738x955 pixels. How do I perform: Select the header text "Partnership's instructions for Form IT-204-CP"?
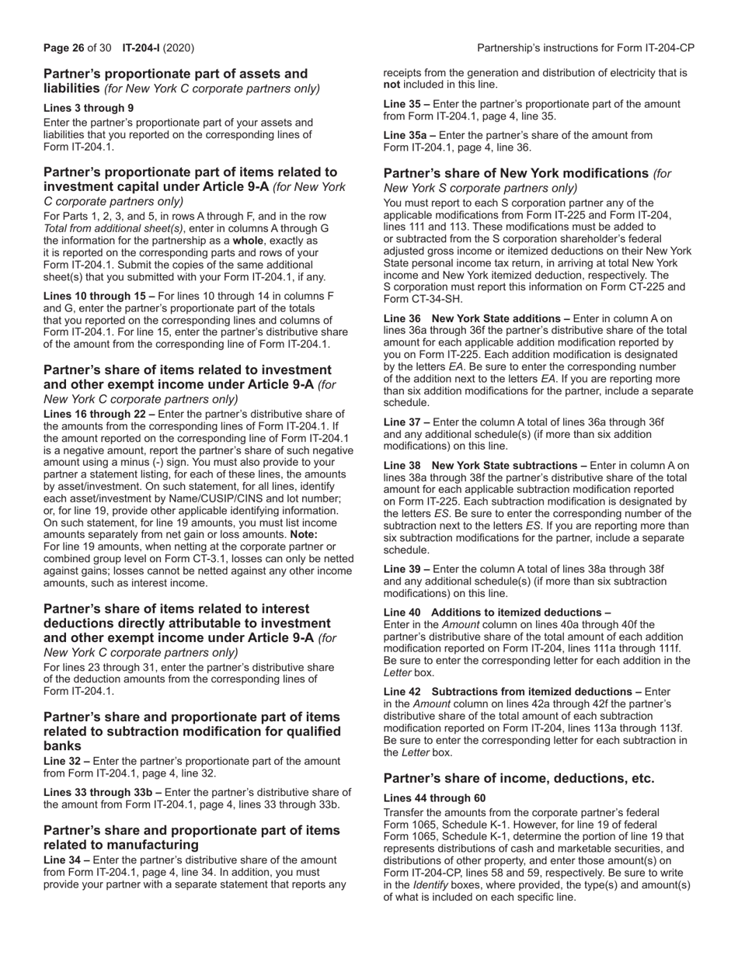coord(585,48)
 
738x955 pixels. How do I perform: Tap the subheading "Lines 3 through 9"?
coord(88,108)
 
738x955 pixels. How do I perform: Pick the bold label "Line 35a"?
coord(406,135)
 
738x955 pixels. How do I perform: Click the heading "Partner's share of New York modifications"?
coord(516,173)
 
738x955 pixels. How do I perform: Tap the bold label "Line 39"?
coord(403,568)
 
